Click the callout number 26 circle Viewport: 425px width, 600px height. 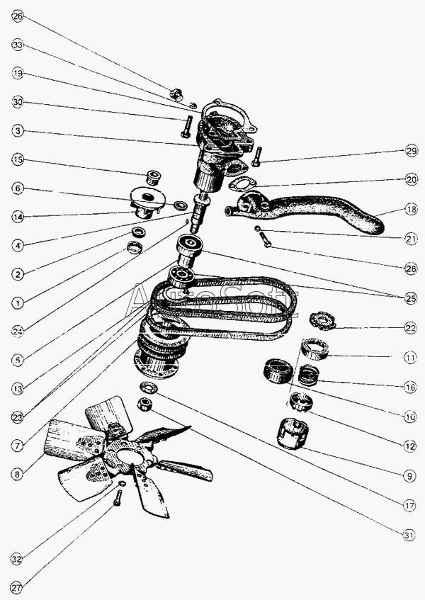point(18,16)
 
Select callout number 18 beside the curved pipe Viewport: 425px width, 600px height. point(412,209)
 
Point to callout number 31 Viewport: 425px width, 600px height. point(409,535)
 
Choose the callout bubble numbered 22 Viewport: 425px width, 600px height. point(410,327)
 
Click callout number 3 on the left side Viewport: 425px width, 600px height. point(18,131)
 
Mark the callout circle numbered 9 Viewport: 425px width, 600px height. point(409,476)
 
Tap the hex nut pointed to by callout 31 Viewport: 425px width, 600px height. point(144,404)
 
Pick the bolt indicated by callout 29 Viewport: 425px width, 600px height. point(256,157)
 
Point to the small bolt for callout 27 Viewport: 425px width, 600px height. point(118,498)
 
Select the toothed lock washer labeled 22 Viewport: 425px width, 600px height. point(322,321)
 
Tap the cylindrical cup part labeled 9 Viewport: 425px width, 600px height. point(293,434)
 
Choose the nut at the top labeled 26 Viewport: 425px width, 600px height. point(176,94)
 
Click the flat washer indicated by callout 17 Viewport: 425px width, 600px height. point(149,387)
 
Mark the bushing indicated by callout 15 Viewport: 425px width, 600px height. point(154,178)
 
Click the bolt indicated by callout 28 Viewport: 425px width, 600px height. point(265,240)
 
